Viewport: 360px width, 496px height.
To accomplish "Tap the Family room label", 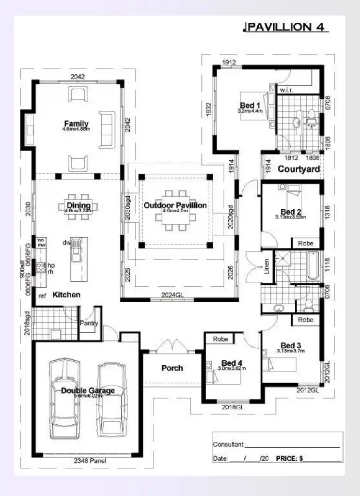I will [x=76, y=124].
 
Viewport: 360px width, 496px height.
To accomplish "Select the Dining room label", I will [x=78, y=206].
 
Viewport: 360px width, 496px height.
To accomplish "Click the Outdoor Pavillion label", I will [x=175, y=205].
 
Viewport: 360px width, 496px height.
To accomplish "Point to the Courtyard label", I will [x=298, y=169].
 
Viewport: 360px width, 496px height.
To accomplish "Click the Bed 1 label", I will [x=250, y=106].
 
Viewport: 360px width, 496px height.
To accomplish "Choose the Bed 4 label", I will [x=232, y=363].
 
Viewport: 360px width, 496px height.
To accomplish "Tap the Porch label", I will [x=172, y=368].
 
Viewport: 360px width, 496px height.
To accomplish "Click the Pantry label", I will [x=89, y=324].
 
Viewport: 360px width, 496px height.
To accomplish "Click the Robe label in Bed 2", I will [x=305, y=243].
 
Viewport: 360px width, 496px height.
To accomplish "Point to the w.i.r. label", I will [x=285, y=90].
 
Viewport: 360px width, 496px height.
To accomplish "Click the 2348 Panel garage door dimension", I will [x=90, y=461].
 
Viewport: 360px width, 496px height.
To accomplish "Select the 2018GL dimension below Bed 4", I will [x=232, y=407].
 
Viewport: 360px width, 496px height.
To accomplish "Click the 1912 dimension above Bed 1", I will [x=229, y=62].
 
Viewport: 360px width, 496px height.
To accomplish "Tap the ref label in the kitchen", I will [x=43, y=295].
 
